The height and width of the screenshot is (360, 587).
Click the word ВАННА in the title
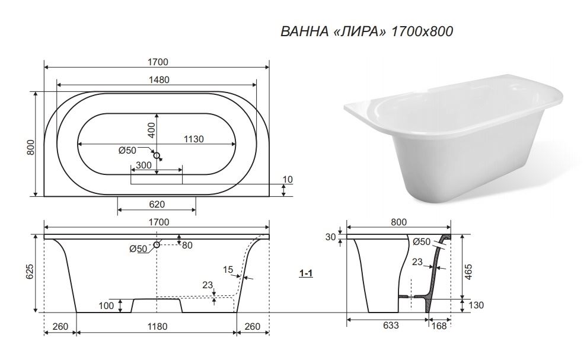pyautogui.click(x=304, y=31)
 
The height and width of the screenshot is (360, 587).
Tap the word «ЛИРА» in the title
pyautogui.click(x=359, y=31)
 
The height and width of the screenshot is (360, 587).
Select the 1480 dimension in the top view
pyautogui.click(x=159, y=80)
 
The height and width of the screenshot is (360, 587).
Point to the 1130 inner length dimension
pyautogui.click(x=193, y=139)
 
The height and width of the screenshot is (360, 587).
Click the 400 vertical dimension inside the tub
pyautogui.click(x=151, y=130)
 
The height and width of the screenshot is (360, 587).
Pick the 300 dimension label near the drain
pyautogui.click(x=143, y=165)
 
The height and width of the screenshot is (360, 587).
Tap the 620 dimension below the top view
pyautogui.click(x=157, y=204)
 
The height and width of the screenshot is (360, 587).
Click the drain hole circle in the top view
pyautogui.click(x=157, y=155)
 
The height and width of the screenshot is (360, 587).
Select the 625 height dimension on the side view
pyautogui.click(x=30, y=272)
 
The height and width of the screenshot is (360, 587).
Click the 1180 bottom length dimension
pyautogui.click(x=157, y=327)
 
